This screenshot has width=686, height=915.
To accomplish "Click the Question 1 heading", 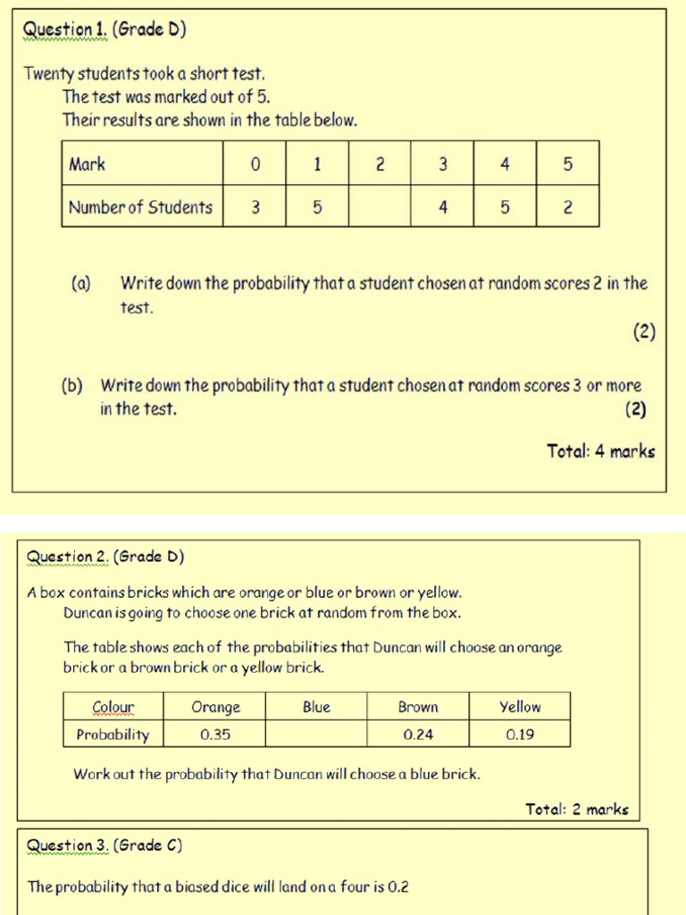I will click(x=105, y=30).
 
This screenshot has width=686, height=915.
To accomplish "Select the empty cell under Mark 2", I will click(x=380, y=207).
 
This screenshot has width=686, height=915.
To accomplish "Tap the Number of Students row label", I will click(x=141, y=207).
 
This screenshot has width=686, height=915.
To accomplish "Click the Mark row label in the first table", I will click(x=88, y=164).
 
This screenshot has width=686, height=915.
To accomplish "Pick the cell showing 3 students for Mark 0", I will click(x=255, y=207).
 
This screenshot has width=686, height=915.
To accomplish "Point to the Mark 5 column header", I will click(x=567, y=164).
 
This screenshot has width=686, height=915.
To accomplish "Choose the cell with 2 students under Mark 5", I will click(x=567, y=207).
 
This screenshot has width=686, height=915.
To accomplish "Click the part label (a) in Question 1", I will click(x=81, y=284).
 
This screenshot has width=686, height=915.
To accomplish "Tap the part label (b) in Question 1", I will click(x=72, y=386).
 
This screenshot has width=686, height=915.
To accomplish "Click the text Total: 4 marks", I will click(x=600, y=451).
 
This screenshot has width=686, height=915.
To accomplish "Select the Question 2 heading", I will click(x=105, y=557).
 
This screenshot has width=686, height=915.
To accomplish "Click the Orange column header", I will click(x=216, y=707).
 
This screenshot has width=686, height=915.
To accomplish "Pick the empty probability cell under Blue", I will click(x=316, y=735).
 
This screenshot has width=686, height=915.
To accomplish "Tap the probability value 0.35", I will click(x=216, y=735).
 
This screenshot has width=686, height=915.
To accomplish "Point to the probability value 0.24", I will click(x=418, y=735).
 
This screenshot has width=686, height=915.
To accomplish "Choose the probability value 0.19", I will click(x=520, y=735).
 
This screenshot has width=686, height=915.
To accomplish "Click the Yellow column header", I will click(x=520, y=707).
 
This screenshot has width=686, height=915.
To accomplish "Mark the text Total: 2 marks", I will click(x=576, y=810).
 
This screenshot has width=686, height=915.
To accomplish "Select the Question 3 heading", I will click(x=105, y=845).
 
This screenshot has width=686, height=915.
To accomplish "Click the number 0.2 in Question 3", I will click(x=398, y=887).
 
